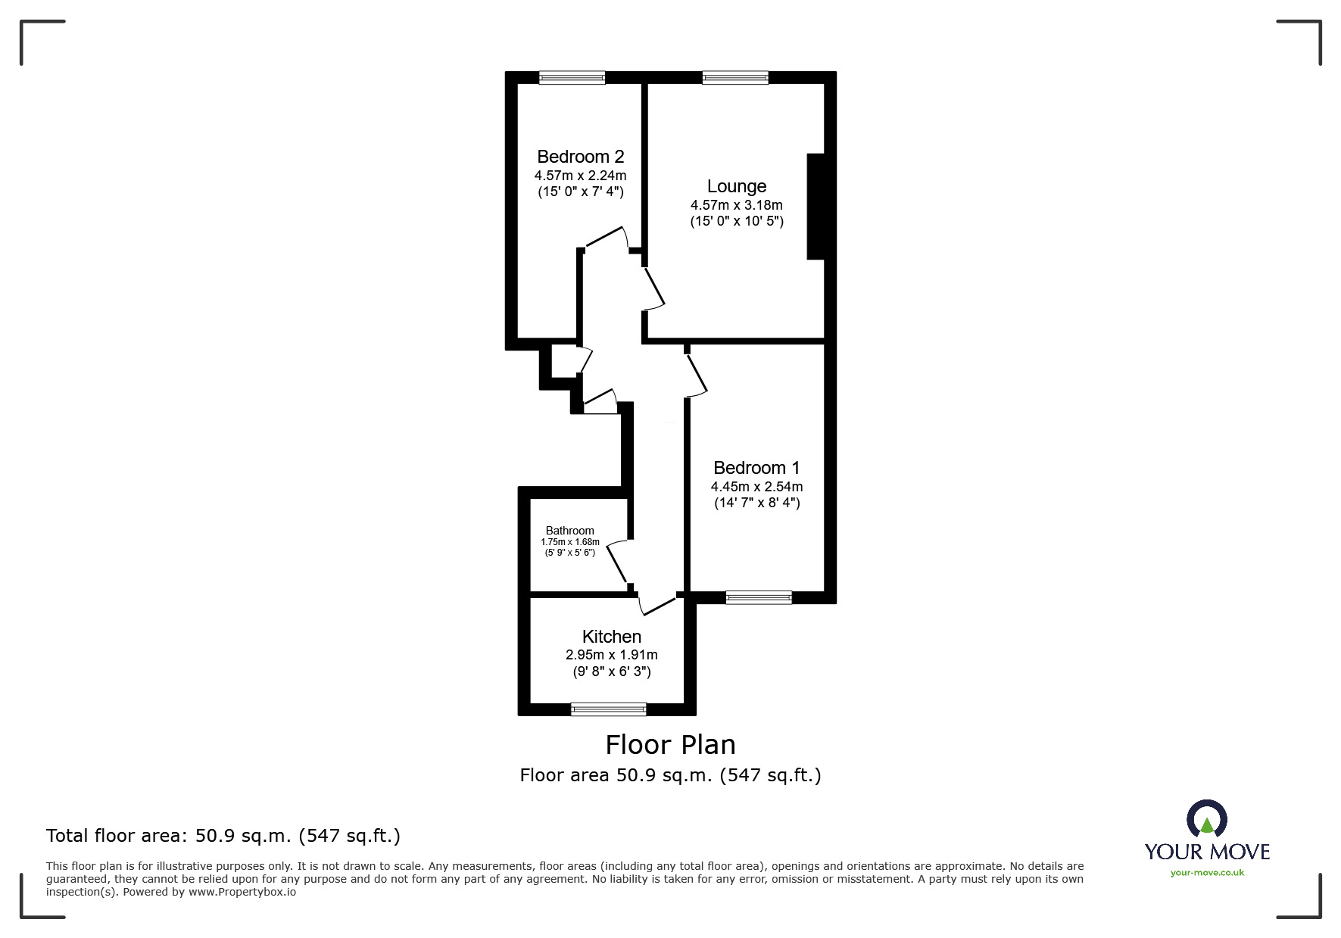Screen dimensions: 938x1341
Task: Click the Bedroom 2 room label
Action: [x=580, y=157]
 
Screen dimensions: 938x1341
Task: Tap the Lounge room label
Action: [x=736, y=186]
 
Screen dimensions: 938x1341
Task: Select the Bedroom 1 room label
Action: [x=756, y=468]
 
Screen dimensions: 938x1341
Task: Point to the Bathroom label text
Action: [x=569, y=531]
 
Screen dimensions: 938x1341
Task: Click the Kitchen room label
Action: [x=611, y=637]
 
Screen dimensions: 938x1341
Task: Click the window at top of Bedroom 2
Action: [x=572, y=77]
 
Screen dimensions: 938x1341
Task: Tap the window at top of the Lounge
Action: [x=734, y=77]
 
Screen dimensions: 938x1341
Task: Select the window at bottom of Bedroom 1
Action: [x=758, y=597]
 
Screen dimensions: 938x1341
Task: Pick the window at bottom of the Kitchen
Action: [x=608, y=709]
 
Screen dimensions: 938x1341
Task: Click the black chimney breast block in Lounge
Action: [x=816, y=207]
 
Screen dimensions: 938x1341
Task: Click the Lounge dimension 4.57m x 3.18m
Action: [x=736, y=205]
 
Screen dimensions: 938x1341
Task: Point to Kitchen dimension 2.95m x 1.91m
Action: [x=611, y=655]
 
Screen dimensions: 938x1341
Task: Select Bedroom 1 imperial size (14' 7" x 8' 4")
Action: [x=756, y=503]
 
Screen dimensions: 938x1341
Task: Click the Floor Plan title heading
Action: [x=670, y=745]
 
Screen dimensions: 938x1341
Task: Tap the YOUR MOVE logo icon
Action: [x=1206, y=820]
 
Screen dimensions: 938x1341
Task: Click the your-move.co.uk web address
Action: [x=1207, y=873]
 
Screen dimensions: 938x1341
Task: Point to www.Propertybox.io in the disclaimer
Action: [x=242, y=892]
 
